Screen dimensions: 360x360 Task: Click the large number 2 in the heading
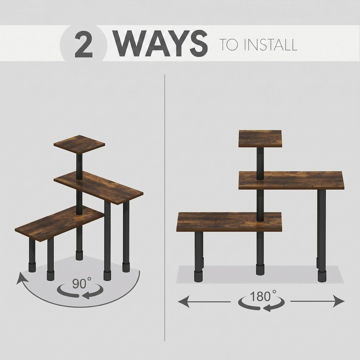[84, 44]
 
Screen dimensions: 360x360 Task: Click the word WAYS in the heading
[161, 44]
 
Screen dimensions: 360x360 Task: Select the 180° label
[263, 296]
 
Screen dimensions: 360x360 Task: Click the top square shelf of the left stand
[79, 145]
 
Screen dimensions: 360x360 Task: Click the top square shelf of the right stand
[260, 139]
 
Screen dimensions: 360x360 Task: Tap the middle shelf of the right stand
[291, 180]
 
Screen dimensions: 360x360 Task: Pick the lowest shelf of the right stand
[229, 222]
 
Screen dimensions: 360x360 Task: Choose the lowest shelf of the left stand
[60, 223]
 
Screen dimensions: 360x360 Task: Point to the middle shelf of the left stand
[99, 188]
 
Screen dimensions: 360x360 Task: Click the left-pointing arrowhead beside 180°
[184, 301]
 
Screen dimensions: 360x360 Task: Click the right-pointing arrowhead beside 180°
[339, 301]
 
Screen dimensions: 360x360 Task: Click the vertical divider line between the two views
[165, 208]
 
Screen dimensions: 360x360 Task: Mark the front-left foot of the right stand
[199, 276]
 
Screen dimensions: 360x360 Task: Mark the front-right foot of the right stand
[322, 276]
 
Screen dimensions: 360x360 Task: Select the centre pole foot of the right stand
[260, 269]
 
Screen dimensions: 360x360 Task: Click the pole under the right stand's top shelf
[260, 163]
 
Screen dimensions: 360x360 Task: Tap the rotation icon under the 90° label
[80, 291]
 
